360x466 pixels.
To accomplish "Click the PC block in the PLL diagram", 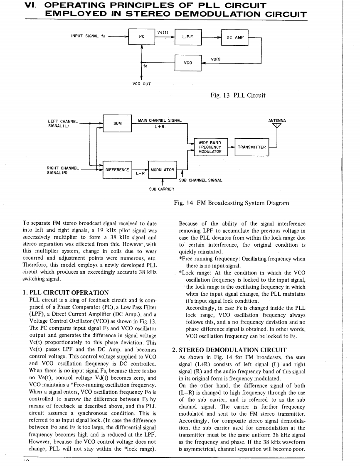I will pos(142,37).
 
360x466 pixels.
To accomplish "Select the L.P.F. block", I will pos(188,37).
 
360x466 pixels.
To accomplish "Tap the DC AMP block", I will pos(235,37).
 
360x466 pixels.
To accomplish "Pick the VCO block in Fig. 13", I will pos(188,63).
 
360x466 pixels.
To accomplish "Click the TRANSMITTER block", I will pos(252,147).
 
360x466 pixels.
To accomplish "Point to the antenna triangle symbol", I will pos(277,126).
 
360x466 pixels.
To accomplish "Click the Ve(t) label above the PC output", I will pos(163,32).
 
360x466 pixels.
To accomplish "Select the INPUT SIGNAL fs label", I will pos(88,36).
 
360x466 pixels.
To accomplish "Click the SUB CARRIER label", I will pos(162,189).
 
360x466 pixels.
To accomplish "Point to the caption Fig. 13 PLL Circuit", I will pos(238,96).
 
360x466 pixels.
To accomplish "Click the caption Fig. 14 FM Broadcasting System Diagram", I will pos(232,203).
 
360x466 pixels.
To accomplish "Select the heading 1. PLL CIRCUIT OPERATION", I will pos(65,293).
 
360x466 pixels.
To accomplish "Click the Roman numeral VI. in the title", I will pos(31,6).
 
